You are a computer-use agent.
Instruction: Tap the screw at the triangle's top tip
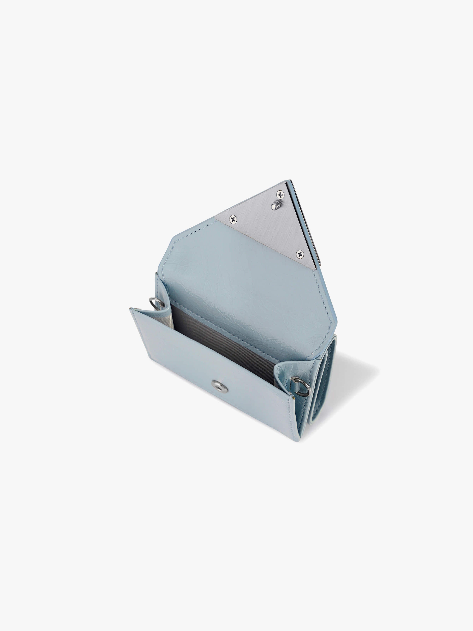[280, 195]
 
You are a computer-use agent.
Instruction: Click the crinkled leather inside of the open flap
[242, 285]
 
